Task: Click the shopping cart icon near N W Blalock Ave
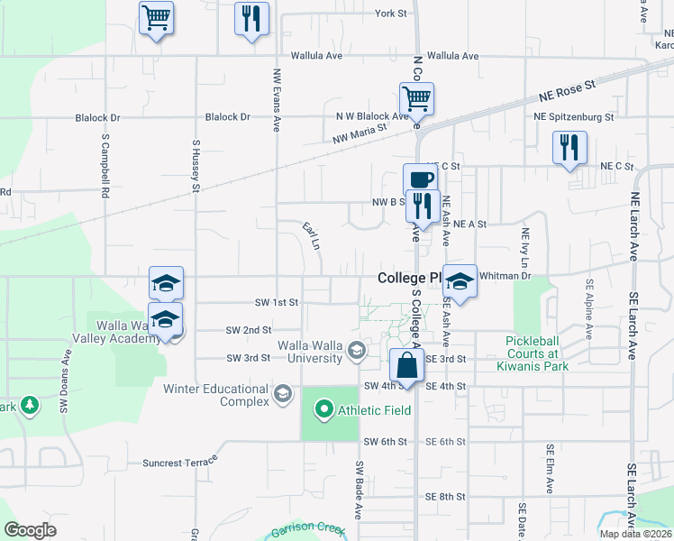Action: [416, 97]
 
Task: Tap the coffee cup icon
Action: [419, 179]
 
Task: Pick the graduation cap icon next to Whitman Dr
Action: [460, 280]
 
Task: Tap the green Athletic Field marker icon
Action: [324, 411]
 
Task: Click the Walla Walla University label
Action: [311, 352]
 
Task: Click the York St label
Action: [391, 14]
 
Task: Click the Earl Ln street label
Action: [312, 236]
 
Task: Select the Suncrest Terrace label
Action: [180, 463]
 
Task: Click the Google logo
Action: [31, 530]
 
